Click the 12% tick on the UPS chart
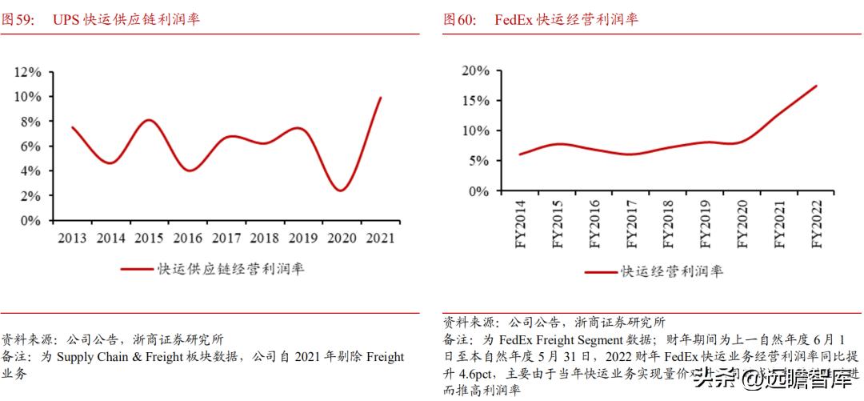pyautogui.click(x=28, y=72)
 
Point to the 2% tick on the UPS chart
pyautogui.click(x=31, y=196)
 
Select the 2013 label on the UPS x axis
pyautogui.click(x=74, y=238)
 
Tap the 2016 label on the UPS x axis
pyautogui.click(x=188, y=238)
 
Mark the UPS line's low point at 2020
pyautogui.click(x=342, y=190)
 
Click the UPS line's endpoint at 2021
pyautogui.click(x=381, y=98)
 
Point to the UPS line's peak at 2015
pyautogui.click(x=150, y=120)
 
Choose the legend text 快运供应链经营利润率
pyautogui.click(x=230, y=269)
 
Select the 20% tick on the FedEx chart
pyautogui.click(x=475, y=70)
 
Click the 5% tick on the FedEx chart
pyautogui.click(x=478, y=161)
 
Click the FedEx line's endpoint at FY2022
pyautogui.click(x=817, y=86)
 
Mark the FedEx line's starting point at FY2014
pyautogui.click(x=520, y=154)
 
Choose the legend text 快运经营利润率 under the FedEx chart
pyautogui.click(x=672, y=271)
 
